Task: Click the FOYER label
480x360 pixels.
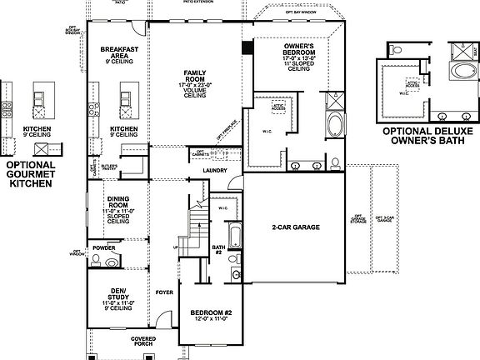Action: point(164,292)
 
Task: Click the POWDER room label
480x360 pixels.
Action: point(104,247)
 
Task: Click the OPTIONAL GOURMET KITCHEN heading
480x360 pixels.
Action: point(30,173)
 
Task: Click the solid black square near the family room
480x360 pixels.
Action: point(247,48)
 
